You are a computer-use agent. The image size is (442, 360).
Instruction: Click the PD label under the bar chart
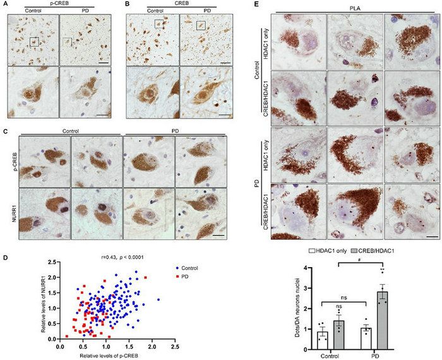tap(374, 355)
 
